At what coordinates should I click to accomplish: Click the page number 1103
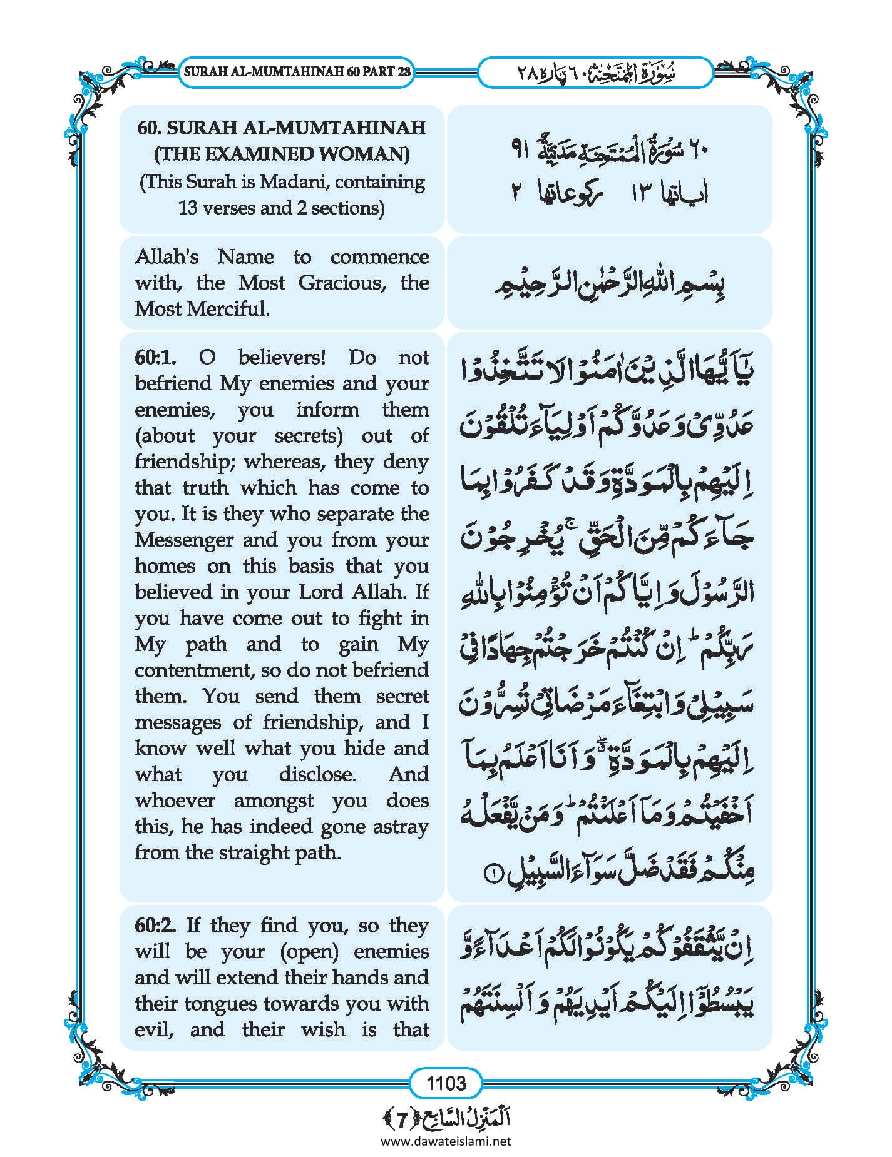click(446, 1082)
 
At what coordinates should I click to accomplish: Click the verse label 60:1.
click(155, 358)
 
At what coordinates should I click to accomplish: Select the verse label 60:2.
click(155, 926)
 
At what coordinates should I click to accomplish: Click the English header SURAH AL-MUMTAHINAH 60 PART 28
click(297, 71)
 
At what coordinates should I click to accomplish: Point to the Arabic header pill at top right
click(595, 73)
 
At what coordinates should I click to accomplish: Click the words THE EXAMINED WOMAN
click(281, 154)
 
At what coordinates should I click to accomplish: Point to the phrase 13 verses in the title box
click(216, 208)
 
